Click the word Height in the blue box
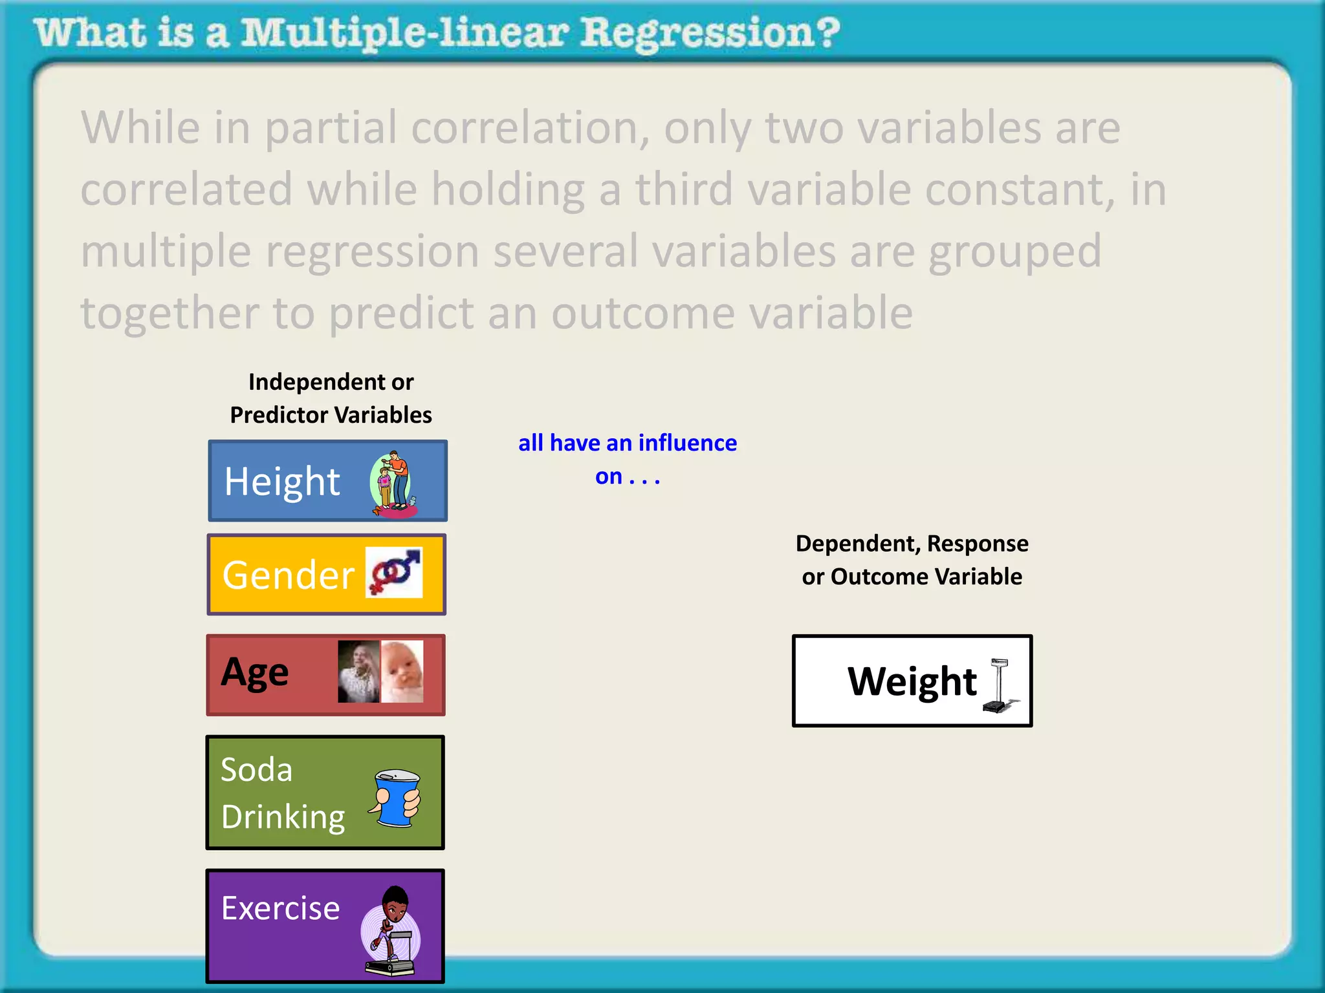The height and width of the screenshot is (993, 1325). pyautogui.click(x=282, y=482)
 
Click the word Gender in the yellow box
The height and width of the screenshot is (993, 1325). pyautogui.click(x=289, y=575)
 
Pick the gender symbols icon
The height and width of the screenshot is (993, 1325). pyautogui.click(x=394, y=572)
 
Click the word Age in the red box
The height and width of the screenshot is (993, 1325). pyautogui.click(x=255, y=673)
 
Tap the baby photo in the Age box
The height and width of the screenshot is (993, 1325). pyautogui.click(x=402, y=671)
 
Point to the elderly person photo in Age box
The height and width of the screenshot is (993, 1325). pyautogui.click(x=358, y=671)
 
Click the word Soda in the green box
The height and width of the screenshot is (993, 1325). pyautogui.click(x=257, y=770)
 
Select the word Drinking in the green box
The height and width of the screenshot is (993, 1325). pyautogui.click(x=283, y=817)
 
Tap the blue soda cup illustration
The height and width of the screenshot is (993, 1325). pyautogui.click(x=395, y=798)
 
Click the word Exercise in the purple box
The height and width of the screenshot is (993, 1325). pyautogui.click(x=280, y=908)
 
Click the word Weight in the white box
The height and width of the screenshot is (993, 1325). pyautogui.click(x=912, y=681)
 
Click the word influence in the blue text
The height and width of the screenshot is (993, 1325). pyautogui.click(x=687, y=443)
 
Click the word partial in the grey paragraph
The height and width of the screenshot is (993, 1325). pyautogui.click(x=331, y=128)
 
